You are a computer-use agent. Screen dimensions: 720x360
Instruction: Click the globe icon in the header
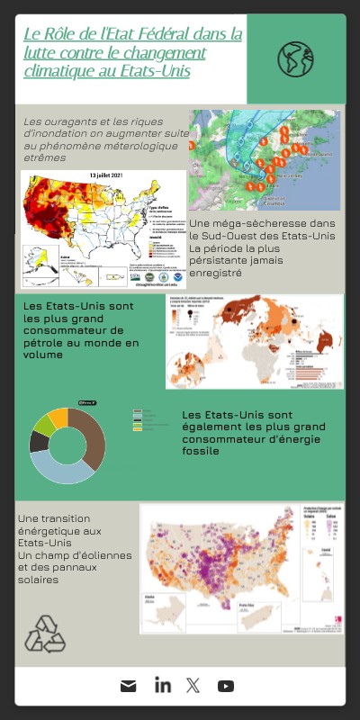click(295, 58)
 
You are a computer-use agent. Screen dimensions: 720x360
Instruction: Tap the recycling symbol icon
click(45, 634)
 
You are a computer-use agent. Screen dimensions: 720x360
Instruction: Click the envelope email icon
click(129, 686)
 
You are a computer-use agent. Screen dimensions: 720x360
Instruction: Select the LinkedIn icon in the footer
click(162, 686)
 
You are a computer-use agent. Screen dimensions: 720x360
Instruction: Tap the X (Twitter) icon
click(193, 686)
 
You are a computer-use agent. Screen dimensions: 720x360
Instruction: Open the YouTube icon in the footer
click(226, 686)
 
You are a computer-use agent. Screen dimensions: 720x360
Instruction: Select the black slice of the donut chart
click(39, 442)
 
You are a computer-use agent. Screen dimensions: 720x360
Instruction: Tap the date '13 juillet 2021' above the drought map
click(112, 175)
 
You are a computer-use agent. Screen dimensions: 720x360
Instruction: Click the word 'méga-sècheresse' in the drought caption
click(260, 223)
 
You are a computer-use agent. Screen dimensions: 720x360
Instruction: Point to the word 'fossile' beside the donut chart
click(201, 451)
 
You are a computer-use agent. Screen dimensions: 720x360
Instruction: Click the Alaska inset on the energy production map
click(160, 613)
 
